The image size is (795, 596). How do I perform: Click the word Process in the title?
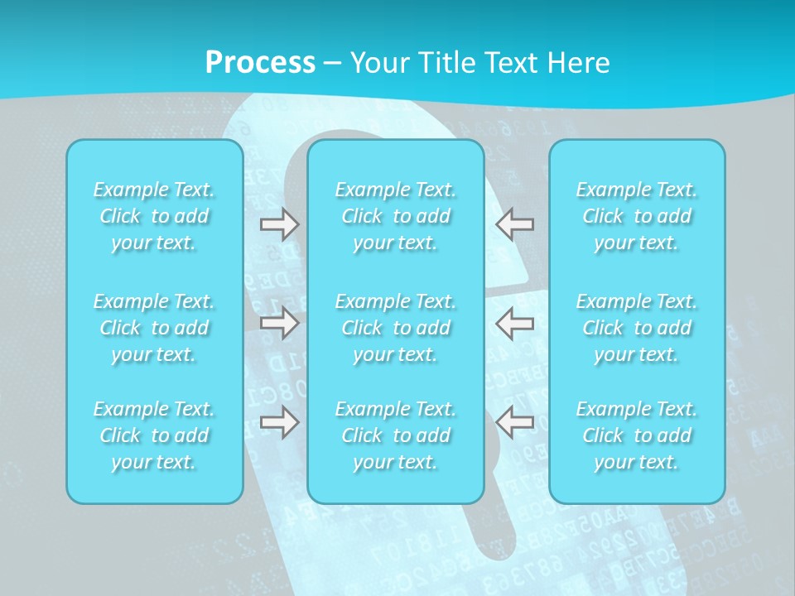point(260,63)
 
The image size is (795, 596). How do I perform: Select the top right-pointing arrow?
point(279,224)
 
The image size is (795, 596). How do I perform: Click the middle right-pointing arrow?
point(279,323)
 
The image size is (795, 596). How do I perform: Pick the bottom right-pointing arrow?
point(279,422)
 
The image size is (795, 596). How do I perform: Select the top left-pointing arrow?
point(515,224)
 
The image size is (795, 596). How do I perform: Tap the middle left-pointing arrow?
point(515,323)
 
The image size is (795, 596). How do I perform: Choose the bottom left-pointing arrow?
point(515,422)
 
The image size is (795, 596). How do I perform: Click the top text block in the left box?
point(154,216)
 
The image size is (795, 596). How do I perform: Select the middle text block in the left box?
point(154,328)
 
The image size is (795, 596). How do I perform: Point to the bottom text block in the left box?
point(154,435)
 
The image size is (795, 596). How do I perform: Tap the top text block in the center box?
point(396,216)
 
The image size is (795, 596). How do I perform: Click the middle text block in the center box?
point(396,328)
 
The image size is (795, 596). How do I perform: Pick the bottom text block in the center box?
point(396,435)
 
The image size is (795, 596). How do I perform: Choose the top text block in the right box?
point(637,216)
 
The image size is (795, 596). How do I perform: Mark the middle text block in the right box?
point(637,328)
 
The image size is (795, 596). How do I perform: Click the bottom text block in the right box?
point(637,435)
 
